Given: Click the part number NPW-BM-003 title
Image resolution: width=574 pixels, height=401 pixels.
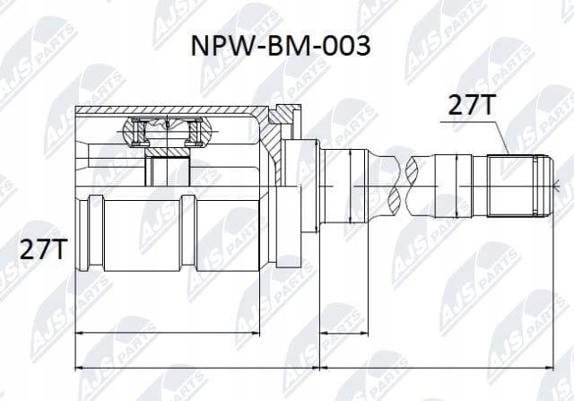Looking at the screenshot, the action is coord(281,47).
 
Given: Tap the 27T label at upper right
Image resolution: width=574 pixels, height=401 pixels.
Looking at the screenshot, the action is coord(472,105).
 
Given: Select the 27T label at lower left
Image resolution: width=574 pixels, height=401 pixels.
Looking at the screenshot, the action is coord(43,249).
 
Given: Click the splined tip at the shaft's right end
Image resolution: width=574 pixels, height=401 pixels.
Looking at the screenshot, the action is coord(518,186).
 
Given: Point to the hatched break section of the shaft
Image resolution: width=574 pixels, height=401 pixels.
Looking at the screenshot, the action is coord(403,186).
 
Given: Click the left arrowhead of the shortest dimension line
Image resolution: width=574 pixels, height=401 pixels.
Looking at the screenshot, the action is coord(323,333).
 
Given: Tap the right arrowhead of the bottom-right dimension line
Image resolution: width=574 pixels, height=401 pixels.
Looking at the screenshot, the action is coord(549,367).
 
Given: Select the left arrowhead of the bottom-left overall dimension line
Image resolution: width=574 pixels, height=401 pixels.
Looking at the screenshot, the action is coord(78,367).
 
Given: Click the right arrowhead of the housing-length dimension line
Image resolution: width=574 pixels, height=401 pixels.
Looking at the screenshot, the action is coord(256,333).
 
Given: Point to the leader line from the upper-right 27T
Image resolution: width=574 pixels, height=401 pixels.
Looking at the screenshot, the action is coord(474,137).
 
